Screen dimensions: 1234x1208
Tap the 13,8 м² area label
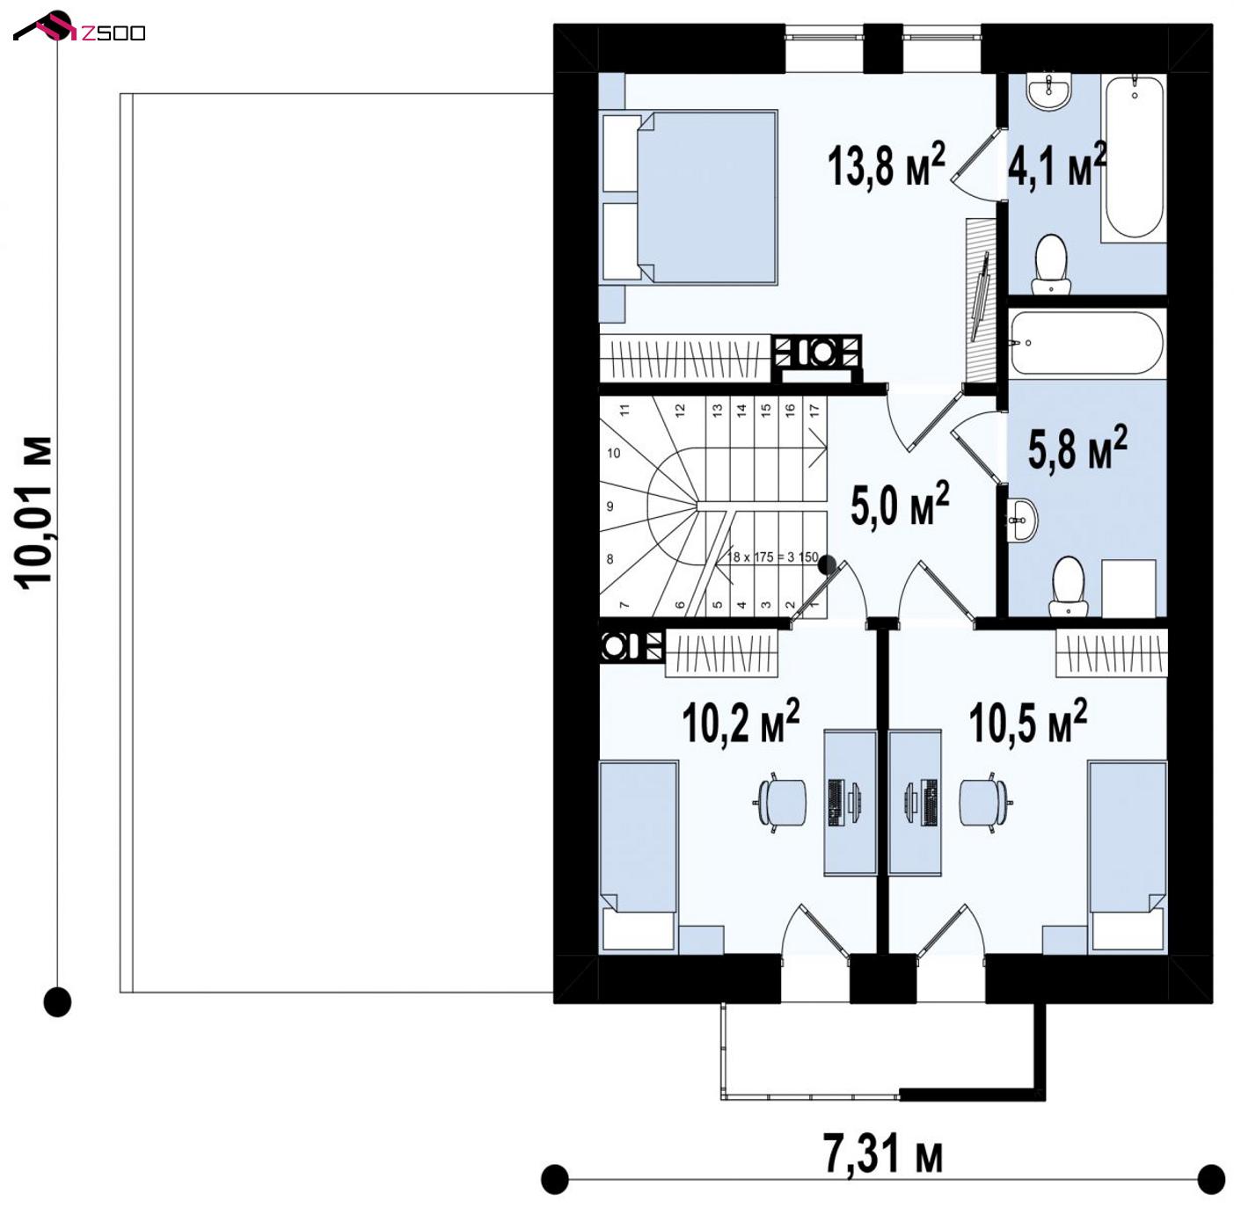pos(887,164)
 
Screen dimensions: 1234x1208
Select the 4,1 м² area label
pos(1057,164)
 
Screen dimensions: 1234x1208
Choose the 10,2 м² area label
pos(741,721)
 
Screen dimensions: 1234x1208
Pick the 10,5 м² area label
pos(1028,721)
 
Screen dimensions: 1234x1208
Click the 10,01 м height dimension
pos(33,513)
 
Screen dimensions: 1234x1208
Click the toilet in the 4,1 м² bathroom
pos(1051,265)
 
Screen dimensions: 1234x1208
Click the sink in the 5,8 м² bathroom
pos(1022,520)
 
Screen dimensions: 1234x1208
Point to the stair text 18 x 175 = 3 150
pos(773,557)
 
